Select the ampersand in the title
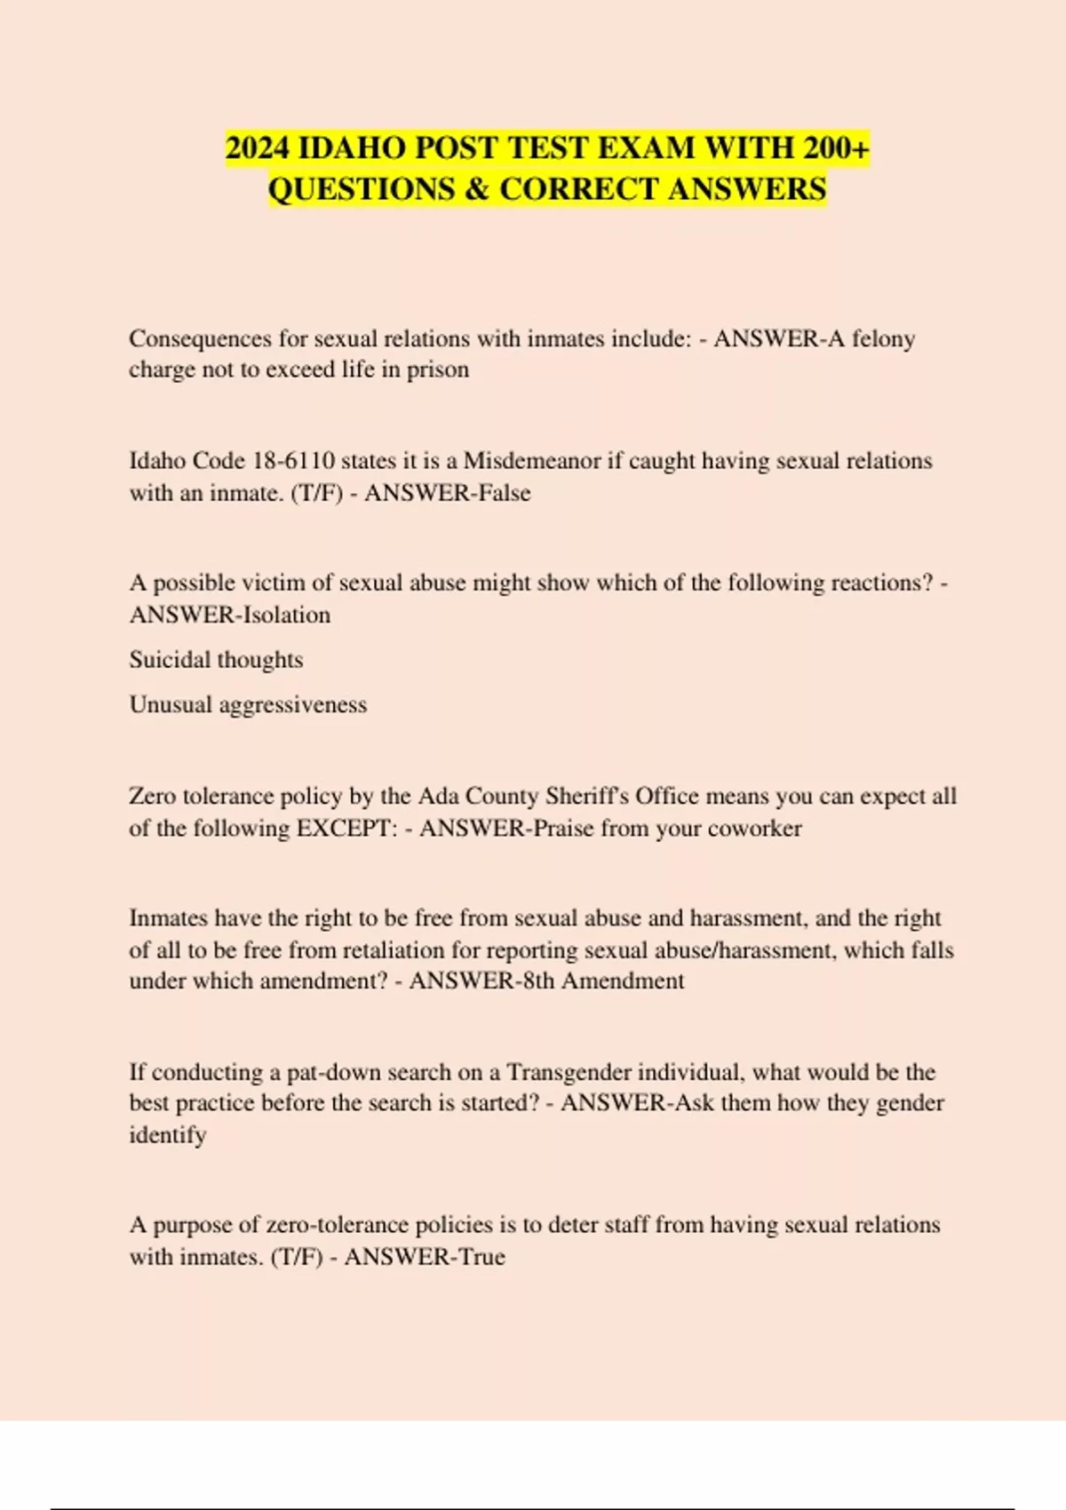point(477,189)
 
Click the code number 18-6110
point(294,461)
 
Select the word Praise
point(562,828)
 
